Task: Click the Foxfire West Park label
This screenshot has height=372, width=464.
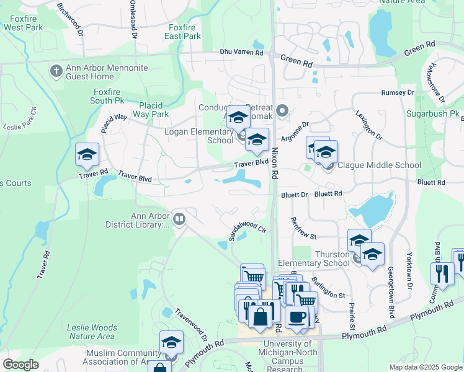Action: (x=22, y=24)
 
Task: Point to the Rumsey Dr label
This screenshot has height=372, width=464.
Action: (x=398, y=92)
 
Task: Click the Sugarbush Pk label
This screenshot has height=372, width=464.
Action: (x=432, y=115)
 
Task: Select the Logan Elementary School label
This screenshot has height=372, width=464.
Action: (x=199, y=136)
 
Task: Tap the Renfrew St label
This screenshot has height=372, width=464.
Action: (x=304, y=229)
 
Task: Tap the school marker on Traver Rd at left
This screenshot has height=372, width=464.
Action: (x=87, y=155)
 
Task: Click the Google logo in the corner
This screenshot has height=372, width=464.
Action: (x=20, y=365)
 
